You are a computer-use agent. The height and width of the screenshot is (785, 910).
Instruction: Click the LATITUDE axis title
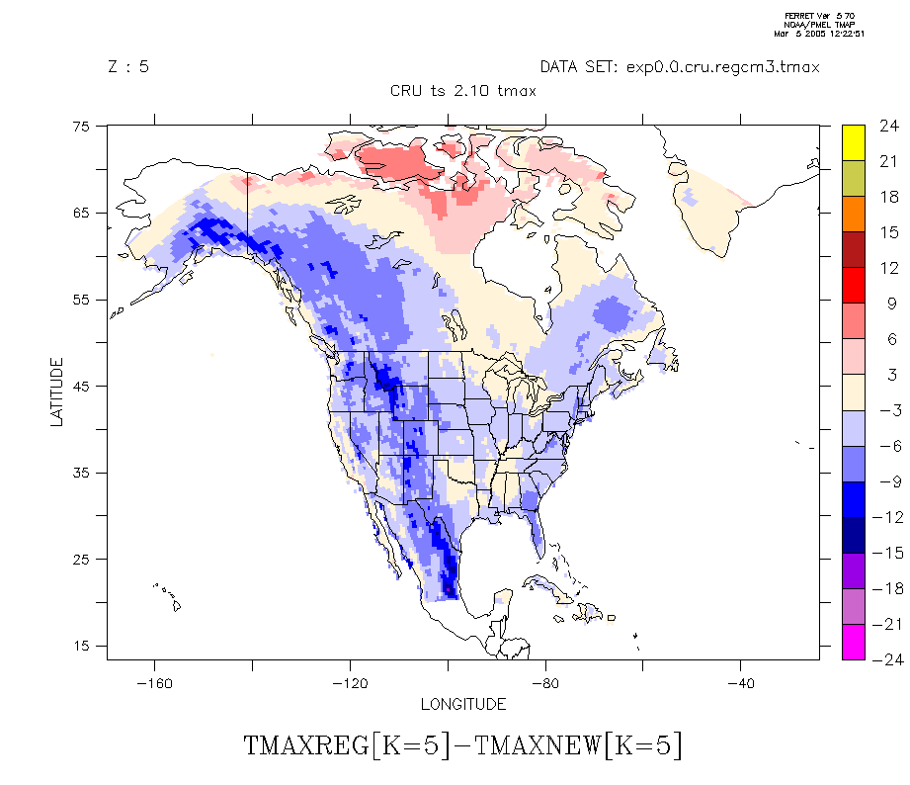(56, 392)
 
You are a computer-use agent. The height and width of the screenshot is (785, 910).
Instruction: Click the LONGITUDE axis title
(463, 704)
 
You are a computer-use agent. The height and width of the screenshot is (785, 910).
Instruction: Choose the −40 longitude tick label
(740, 683)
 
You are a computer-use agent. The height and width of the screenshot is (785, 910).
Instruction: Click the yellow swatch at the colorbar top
(854, 142)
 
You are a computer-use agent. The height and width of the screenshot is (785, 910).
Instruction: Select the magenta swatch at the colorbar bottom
(854, 643)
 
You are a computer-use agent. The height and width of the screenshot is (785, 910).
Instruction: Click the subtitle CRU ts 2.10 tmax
(463, 91)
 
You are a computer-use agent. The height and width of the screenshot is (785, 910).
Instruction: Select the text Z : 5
(128, 67)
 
